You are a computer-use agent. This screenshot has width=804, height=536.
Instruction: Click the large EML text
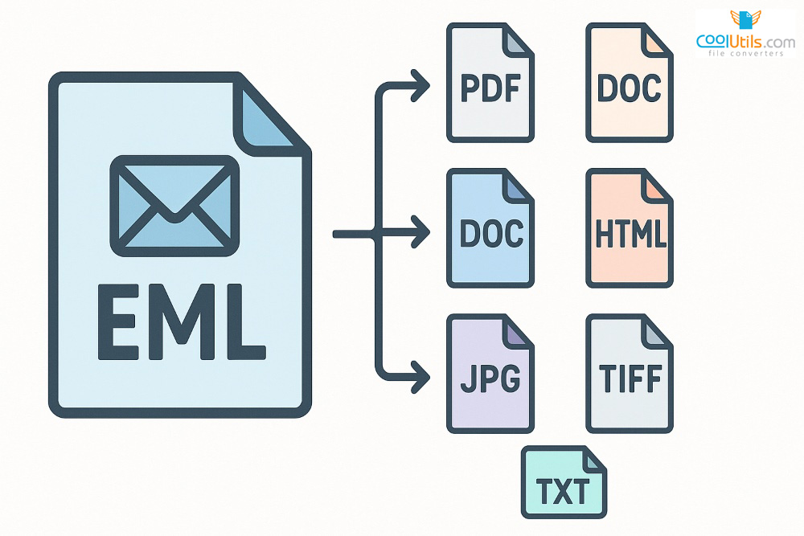(182, 321)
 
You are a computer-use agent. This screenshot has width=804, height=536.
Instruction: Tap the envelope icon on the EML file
(174, 206)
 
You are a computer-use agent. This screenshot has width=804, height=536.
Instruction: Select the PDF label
(490, 88)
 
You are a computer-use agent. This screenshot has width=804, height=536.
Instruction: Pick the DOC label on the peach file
(630, 88)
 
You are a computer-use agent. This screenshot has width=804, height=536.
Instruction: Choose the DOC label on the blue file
(491, 234)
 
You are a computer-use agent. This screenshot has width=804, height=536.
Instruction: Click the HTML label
(630, 234)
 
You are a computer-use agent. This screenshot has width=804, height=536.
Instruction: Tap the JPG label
(490, 379)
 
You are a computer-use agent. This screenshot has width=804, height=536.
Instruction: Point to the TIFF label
(630, 379)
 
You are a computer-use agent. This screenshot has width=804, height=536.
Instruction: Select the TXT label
(563, 492)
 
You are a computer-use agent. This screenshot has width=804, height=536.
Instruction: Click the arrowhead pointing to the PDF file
(420, 85)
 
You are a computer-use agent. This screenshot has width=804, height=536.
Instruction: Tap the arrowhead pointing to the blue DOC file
(420, 232)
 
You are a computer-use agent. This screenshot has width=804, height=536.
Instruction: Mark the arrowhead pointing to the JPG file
(420, 378)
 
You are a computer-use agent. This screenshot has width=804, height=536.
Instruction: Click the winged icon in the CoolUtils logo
(746, 19)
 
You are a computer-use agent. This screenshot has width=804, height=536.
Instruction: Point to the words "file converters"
(746, 53)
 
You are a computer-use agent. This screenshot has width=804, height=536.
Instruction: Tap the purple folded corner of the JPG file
(519, 331)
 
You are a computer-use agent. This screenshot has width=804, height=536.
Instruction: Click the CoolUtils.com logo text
(745, 42)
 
